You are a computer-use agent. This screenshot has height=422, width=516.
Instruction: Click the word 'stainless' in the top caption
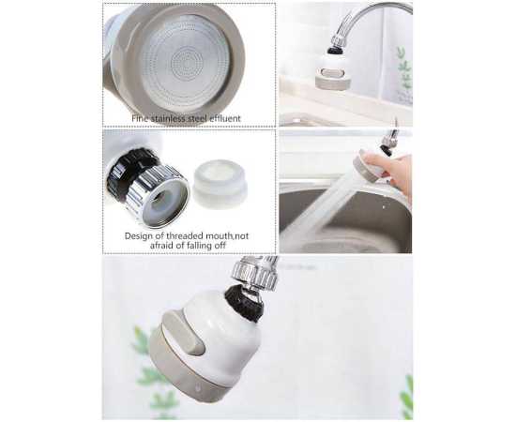coord(167,118)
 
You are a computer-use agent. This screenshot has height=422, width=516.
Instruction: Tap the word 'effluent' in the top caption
coord(224,118)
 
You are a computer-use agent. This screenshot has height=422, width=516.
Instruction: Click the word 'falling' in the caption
coord(205,246)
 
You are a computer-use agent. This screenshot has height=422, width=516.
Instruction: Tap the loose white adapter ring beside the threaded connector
coord(220,184)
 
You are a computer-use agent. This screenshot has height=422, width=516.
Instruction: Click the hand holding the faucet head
coord(390,171)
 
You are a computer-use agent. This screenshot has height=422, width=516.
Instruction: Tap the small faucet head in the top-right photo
coord(331,70)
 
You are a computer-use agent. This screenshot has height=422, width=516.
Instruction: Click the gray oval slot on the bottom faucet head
coord(183,332)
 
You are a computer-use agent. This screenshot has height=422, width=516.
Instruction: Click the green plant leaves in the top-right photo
coord(404,72)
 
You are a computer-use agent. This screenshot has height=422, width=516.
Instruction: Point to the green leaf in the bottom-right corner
coord(407,398)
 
